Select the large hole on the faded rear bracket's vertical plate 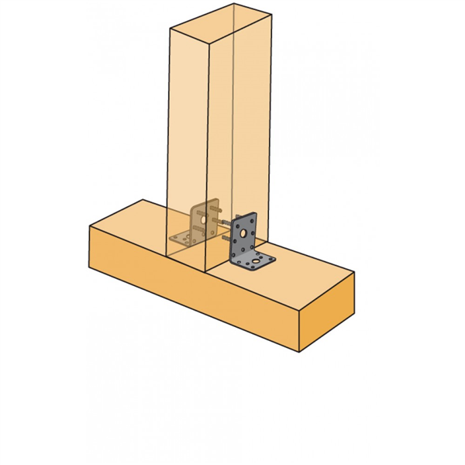[x=202, y=219]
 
